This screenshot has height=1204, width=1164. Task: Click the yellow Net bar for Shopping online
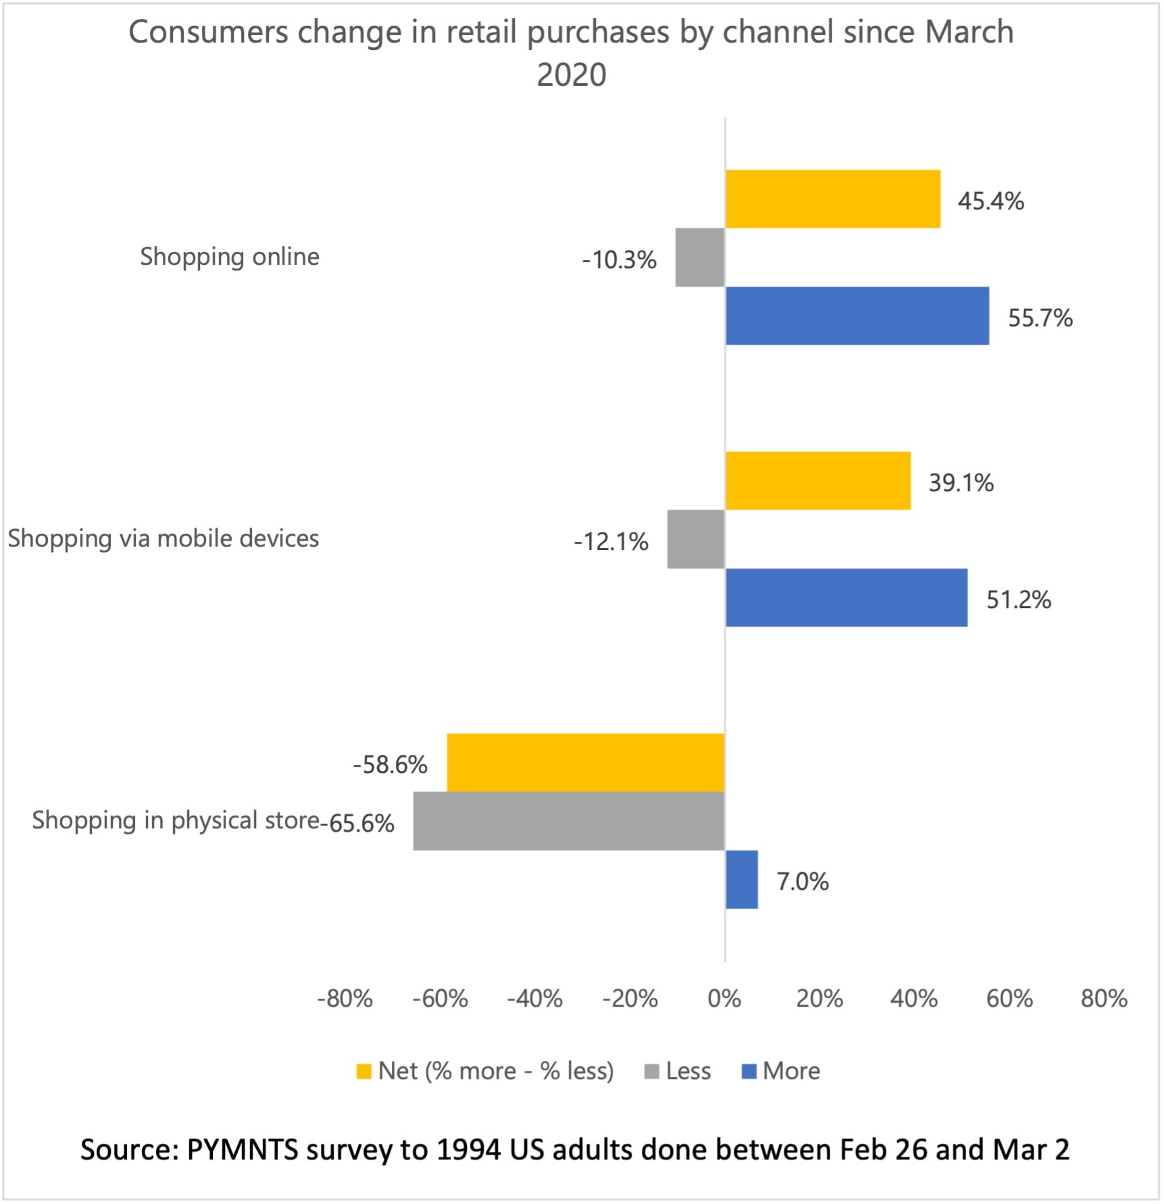tap(832, 199)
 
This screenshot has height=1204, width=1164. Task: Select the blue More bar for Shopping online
tap(857, 316)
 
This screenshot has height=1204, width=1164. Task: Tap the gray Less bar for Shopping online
tap(700, 257)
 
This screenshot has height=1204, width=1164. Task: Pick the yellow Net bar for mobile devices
tap(817, 480)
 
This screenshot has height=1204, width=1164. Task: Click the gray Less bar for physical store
tap(569, 821)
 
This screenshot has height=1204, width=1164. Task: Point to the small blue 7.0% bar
tap(741, 879)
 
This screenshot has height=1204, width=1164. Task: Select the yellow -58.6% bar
tap(585, 762)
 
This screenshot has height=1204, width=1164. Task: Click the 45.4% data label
tap(990, 201)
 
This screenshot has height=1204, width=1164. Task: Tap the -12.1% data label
tap(611, 542)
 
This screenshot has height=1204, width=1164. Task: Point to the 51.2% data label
tap(1018, 600)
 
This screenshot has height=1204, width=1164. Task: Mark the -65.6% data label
tap(361, 824)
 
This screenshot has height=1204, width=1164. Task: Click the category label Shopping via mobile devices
tap(163, 538)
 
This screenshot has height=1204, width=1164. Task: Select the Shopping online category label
tap(230, 257)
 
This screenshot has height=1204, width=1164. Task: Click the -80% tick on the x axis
tap(345, 999)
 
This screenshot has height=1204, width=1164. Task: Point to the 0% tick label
tap(724, 999)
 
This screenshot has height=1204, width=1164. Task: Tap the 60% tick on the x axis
tap(1009, 999)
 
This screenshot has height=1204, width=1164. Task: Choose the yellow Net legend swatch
tap(363, 1072)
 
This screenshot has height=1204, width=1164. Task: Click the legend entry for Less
tap(688, 1072)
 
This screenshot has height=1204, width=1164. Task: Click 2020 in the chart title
tap(572, 75)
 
